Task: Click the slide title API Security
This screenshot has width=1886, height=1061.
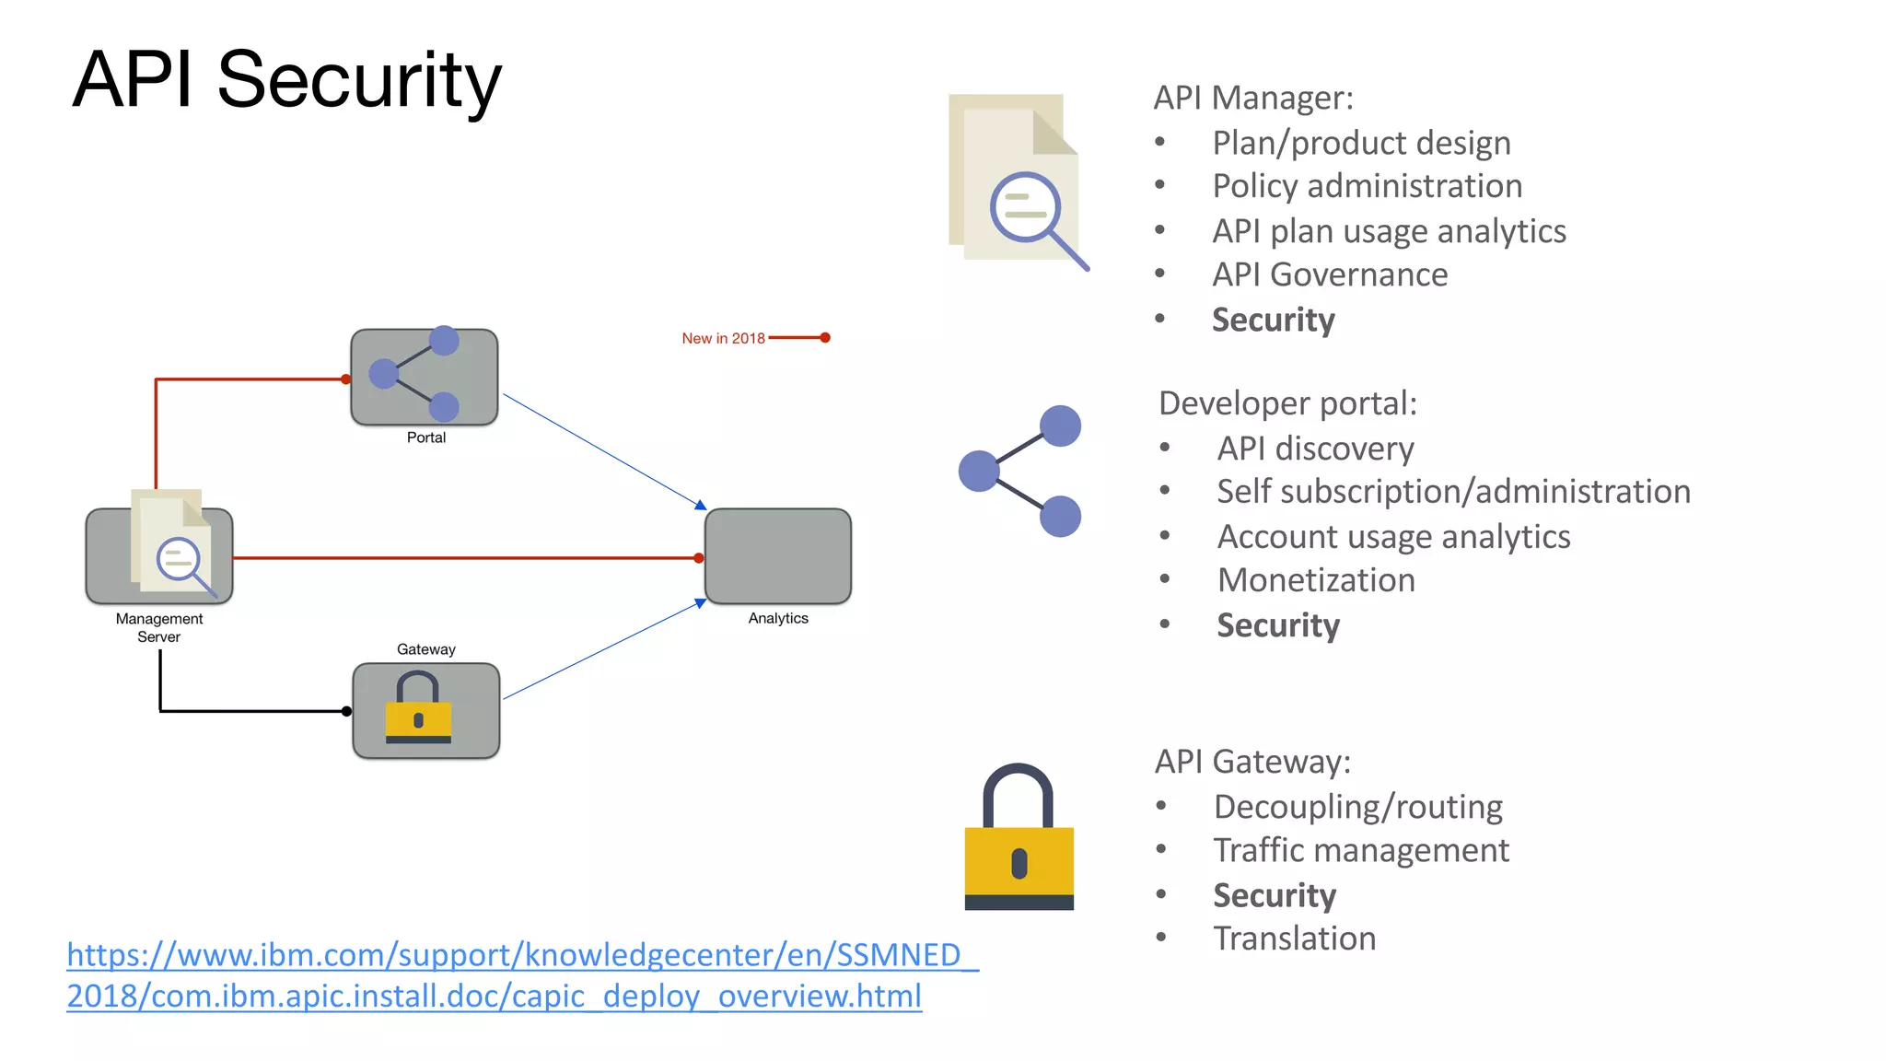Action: coord(286,80)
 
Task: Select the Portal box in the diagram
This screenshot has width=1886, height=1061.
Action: coord(425,377)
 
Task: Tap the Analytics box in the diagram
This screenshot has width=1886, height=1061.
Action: coord(777,556)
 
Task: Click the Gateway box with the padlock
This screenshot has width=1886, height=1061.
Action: coord(425,710)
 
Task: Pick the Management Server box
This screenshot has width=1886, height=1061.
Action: coord(159,555)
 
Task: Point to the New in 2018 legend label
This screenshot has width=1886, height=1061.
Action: coord(723,338)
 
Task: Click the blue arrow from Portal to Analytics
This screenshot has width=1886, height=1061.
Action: coord(603,450)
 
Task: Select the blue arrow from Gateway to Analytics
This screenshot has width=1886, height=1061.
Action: coord(603,650)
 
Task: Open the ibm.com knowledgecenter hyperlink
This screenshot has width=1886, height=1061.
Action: coord(521,974)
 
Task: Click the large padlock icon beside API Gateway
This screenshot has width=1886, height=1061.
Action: coord(1019,837)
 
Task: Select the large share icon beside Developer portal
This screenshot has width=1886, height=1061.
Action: coord(1020,471)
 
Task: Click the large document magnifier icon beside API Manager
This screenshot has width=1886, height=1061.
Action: coord(1017,181)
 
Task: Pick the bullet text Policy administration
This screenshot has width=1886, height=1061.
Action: coord(1367,186)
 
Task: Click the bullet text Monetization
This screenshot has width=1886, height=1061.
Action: coord(1315,580)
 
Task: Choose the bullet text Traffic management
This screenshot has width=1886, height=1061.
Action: coord(1360,850)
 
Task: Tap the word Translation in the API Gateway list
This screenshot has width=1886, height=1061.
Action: coord(1294,939)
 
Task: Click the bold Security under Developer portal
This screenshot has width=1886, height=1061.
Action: coord(1277,625)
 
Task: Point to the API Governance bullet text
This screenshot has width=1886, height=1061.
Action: coord(1329,274)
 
